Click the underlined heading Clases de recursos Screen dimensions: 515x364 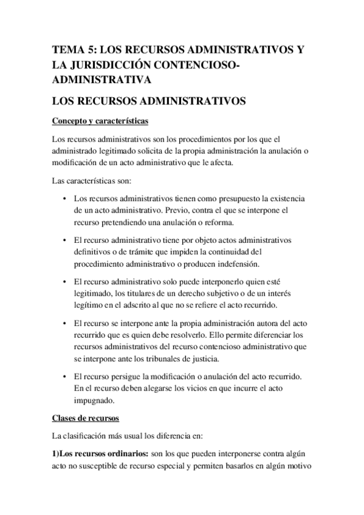tap(85, 418)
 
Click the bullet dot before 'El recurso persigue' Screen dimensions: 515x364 tap(64, 377)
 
